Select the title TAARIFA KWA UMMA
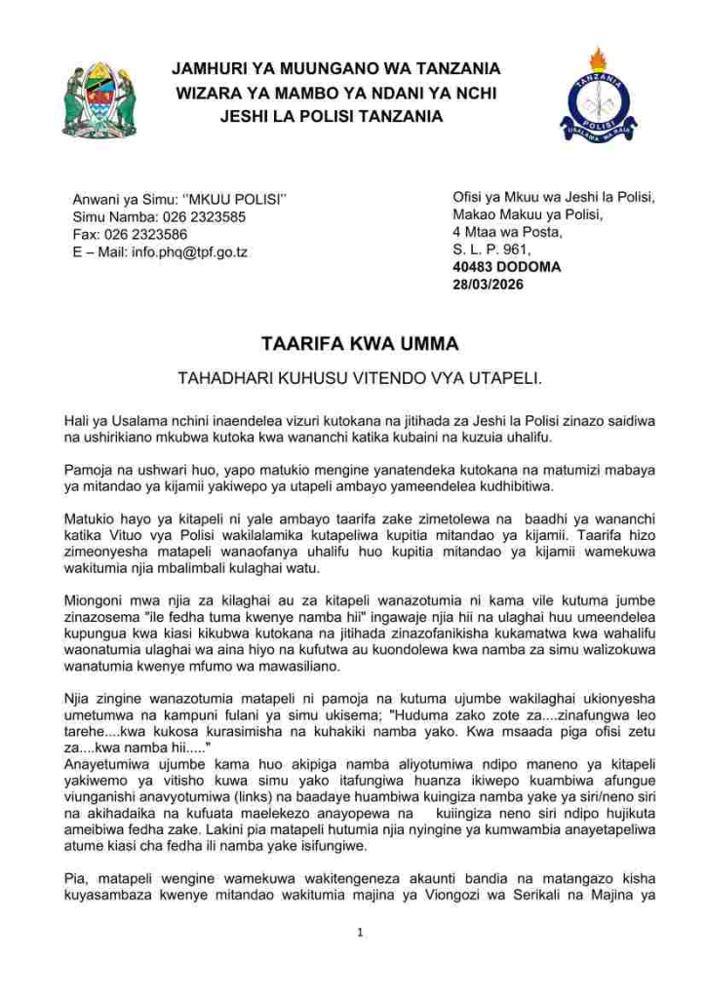(359, 344)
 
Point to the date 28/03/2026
(488, 285)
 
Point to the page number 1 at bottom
(360, 933)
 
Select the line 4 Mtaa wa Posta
(507, 232)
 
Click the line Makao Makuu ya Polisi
(528, 214)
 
